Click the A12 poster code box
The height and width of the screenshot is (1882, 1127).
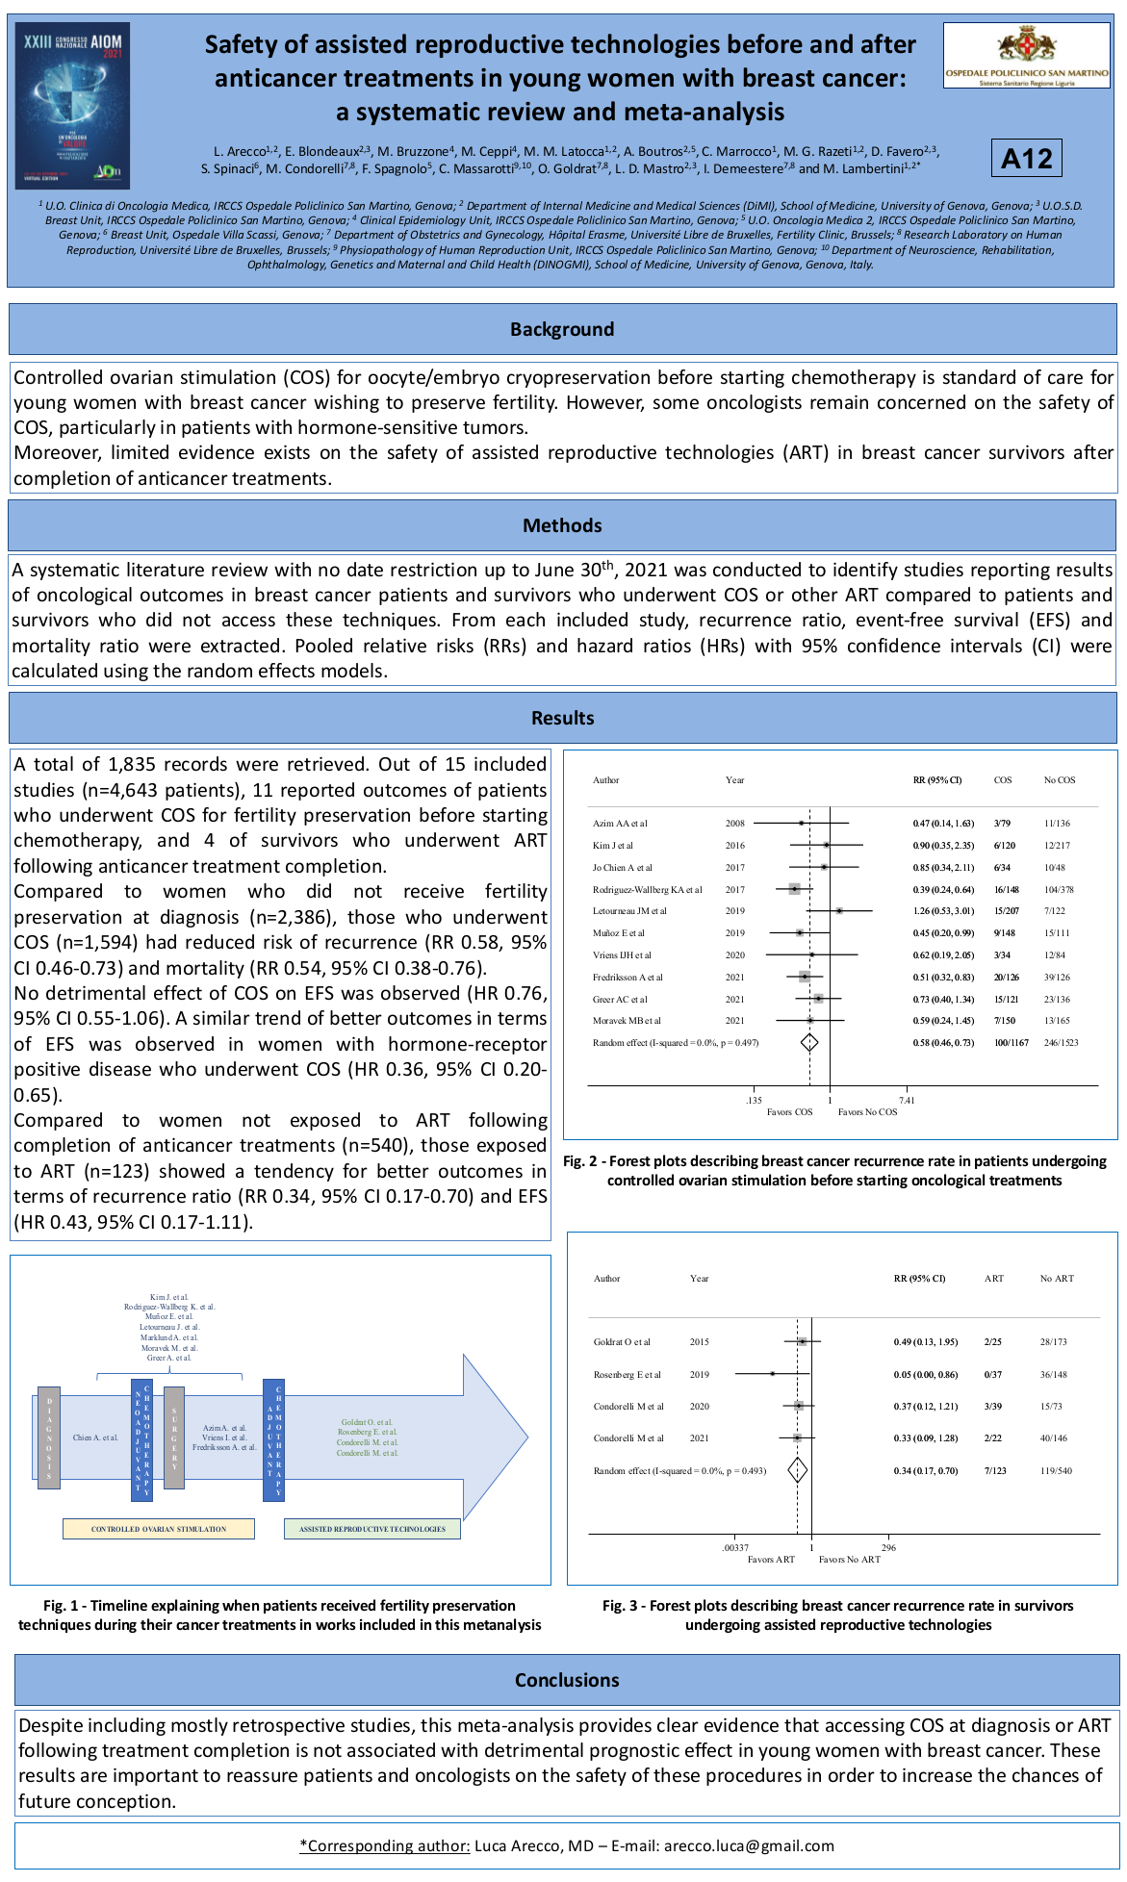tap(1026, 158)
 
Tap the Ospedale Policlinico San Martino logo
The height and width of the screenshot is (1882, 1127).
tap(1026, 56)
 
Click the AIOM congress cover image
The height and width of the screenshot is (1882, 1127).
tap(74, 105)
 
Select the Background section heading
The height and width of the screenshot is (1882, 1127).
tap(562, 329)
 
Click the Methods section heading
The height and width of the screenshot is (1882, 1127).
tap(562, 525)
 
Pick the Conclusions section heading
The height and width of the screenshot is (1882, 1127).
tap(567, 1680)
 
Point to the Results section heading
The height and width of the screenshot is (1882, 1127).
tap(562, 718)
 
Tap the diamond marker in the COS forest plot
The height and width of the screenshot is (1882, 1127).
tap(809, 1042)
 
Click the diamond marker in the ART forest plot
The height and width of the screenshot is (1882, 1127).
tap(797, 1470)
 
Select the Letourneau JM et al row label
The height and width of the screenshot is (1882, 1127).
tap(629, 911)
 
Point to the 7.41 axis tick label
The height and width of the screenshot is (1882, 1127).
tap(907, 1100)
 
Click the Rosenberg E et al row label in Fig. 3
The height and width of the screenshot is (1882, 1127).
tap(628, 1374)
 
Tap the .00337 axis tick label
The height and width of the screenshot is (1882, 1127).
tap(735, 1548)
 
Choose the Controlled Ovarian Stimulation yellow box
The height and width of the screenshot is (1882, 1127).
tap(159, 1529)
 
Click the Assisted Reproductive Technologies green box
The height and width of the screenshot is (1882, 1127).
tap(372, 1529)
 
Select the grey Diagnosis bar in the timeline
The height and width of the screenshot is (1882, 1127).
tap(49, 1437)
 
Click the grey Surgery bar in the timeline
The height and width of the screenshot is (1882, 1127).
tap(174, 1437)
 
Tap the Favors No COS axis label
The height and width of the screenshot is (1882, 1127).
tap(867, 1112)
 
